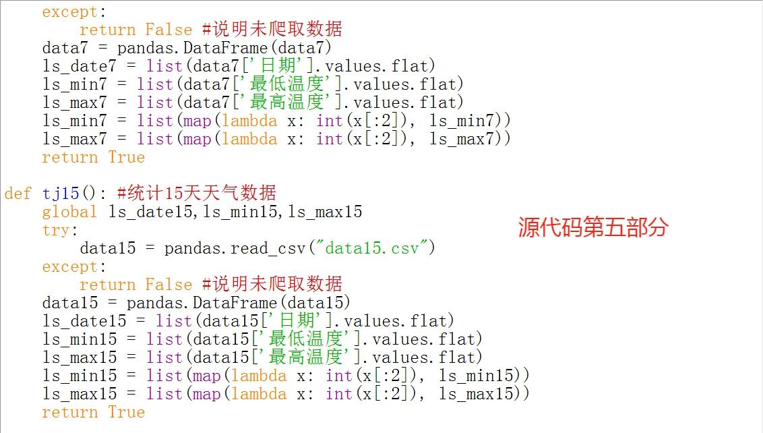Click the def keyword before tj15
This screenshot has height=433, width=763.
point(18,194)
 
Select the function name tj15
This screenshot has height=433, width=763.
point(61,194)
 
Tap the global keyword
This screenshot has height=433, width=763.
point(69,212)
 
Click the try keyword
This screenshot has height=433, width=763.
point(55,230)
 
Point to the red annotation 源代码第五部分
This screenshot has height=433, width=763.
point(592,227)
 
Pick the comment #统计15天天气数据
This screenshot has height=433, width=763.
point(197,194)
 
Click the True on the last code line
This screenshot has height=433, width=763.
point(127,412)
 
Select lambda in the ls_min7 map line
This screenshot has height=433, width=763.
point(249,121)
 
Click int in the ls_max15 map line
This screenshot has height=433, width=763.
point(339,394)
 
